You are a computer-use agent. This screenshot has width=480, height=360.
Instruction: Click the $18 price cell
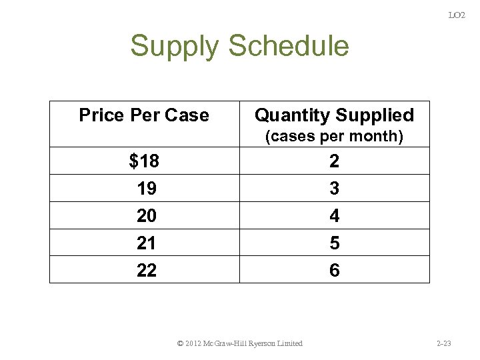point(144,161)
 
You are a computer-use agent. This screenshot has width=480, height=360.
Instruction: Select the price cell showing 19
point(147,189)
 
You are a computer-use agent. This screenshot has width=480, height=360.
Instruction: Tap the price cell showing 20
point(147,216)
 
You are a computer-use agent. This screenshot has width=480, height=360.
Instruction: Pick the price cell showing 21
point(147,243)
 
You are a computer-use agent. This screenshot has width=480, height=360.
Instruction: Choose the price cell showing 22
point(147,271)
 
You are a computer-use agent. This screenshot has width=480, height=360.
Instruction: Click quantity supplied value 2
point(335,161)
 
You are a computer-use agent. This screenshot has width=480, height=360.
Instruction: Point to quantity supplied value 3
point(335,189)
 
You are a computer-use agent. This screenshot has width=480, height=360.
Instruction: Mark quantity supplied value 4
point(335,216)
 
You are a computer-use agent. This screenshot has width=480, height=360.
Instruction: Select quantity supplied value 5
point(335,243)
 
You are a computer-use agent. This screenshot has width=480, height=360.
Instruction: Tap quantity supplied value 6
point(335,271)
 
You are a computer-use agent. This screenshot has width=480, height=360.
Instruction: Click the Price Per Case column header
point(144,115)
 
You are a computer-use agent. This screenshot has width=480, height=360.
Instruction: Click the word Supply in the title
point(175,47)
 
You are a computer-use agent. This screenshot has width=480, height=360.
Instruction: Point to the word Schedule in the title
point(288,46)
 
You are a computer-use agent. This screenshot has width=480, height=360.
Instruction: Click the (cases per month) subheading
point(335,137)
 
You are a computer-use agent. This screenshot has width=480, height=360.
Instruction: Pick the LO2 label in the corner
point(457,15)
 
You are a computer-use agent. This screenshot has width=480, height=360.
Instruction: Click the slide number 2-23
point(444,343)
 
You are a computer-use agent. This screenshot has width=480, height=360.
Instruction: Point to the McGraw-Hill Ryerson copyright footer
point(240,343)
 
